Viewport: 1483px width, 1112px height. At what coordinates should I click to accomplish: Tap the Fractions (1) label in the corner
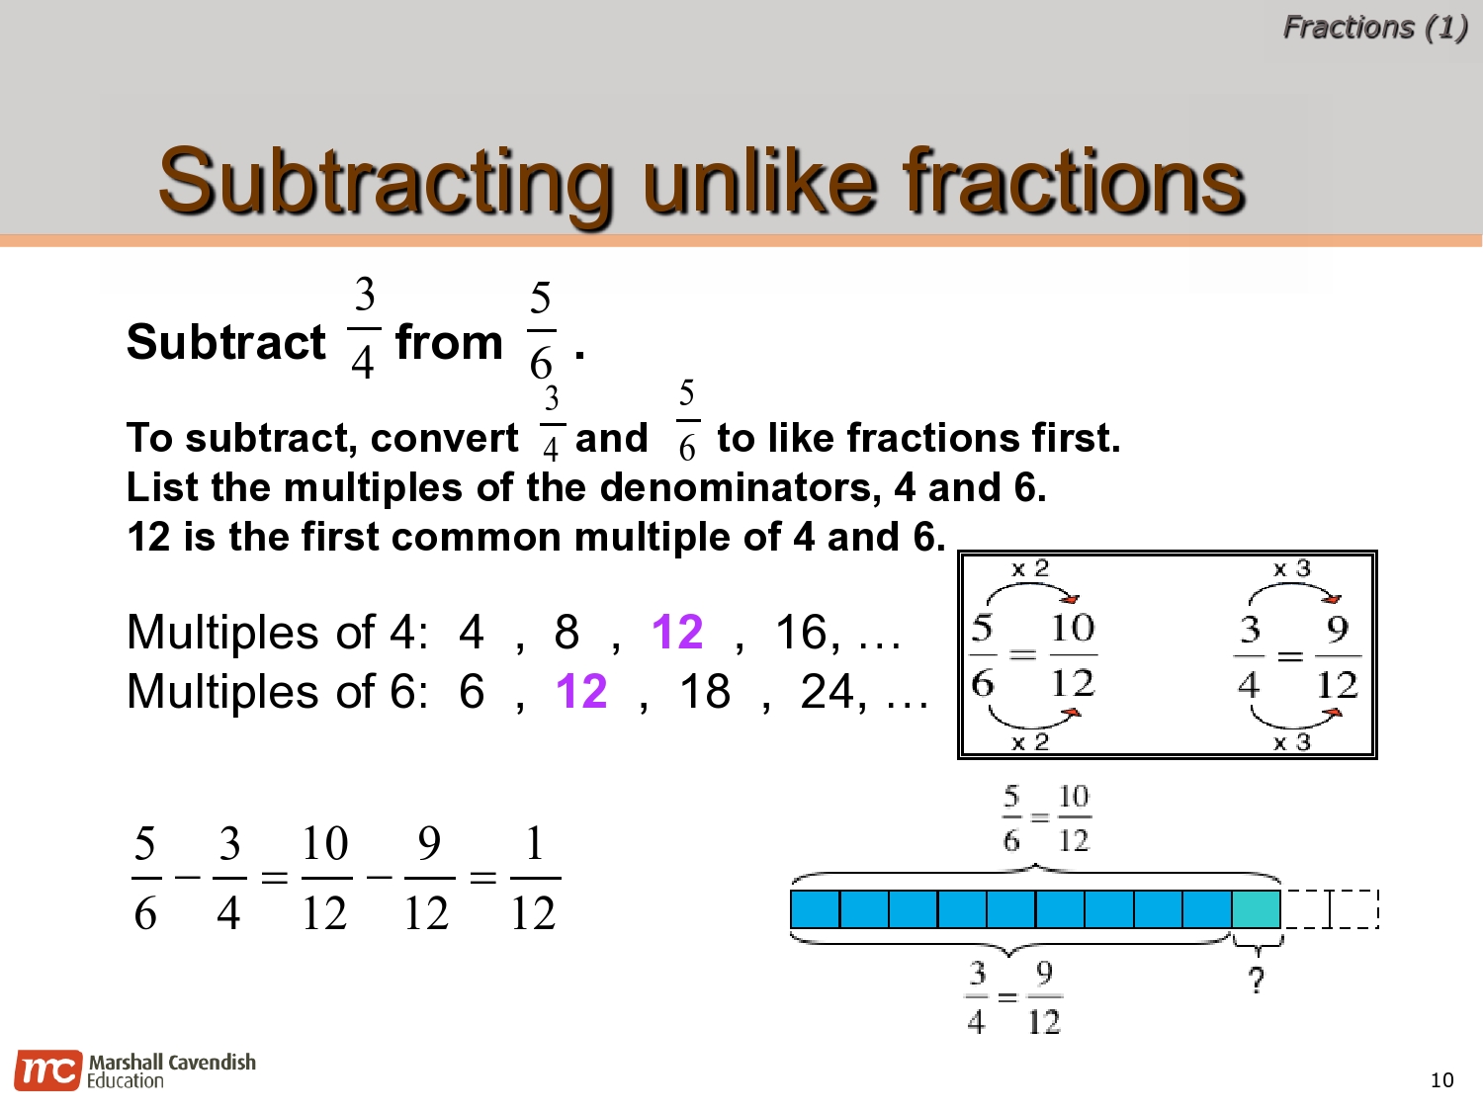click(1374, 27)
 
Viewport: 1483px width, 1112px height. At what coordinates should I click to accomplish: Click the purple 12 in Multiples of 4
click(677, 633)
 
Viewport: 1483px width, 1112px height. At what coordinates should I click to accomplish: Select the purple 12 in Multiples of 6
click(581, 692)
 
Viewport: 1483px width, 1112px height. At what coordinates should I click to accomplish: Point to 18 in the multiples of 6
click(704, 692)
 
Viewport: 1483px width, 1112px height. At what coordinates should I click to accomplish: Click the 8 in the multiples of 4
click(567, 633)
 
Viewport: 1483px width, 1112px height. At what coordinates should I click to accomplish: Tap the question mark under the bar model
click(1256, 981)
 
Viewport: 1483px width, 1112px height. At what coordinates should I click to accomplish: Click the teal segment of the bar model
click(1257, 909)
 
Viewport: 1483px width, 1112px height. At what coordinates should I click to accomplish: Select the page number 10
click(1442, 1080)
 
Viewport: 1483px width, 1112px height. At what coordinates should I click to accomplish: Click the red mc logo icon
click(46, 1070)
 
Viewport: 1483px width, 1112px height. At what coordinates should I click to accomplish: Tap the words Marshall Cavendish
click(172, 1063)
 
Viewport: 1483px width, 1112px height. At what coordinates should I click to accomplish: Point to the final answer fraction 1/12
click(534, 879)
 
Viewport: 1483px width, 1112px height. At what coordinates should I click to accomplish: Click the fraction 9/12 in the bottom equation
click(428, 879)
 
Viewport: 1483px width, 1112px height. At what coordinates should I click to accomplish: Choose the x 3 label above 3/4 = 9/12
click(1291, 569)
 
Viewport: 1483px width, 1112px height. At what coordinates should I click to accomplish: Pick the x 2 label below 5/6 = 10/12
click(1029, 742)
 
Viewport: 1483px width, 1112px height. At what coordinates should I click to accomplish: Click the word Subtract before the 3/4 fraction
click(225, 343)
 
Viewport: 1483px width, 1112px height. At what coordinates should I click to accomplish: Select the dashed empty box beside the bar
click(1330, 909)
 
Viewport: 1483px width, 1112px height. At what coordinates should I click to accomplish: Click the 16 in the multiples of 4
click(801, 633)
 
